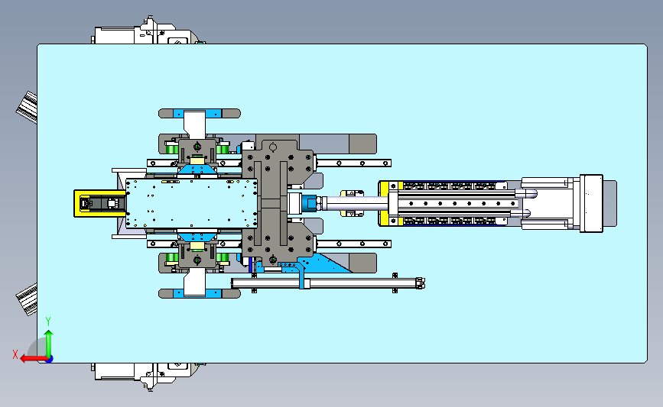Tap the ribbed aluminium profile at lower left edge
(x=27, y=299)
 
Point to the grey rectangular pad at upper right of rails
(x=362, y=143)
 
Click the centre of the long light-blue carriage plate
(x=190, y=203)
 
